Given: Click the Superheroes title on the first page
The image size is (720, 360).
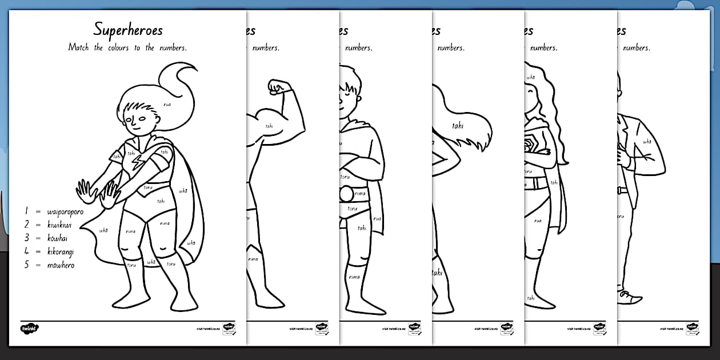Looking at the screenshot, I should tap(128, 30).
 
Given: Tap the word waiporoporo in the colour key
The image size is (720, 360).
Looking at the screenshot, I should tap(66, 212).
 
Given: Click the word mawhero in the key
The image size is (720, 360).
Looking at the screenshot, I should tap(61, 265).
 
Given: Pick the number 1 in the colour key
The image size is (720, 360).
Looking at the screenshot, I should tap(26, 212).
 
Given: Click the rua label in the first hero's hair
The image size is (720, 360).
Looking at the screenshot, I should tap(167, 105).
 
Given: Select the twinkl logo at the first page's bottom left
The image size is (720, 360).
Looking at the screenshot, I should tap(29, 329).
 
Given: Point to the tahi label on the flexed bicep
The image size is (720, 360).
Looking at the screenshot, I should tap(269, 126).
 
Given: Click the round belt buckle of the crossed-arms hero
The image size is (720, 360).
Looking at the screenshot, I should tap(346, 195).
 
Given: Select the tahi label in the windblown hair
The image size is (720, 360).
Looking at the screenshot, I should tap(457, 125).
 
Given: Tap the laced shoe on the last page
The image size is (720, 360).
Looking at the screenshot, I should tap(630, 296).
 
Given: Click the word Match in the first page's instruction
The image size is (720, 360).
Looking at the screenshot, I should tap(78, 48).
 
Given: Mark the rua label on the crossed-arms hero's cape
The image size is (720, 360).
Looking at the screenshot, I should tap(377, 219).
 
